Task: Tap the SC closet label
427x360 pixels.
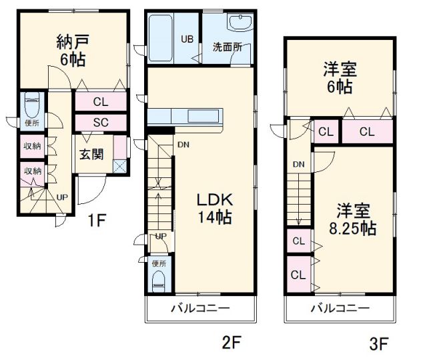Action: click(101, 123)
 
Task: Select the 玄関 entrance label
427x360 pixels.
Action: click(91, 155)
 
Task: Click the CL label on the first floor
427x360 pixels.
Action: click(101, 102)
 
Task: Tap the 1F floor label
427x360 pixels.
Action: click(97, 221)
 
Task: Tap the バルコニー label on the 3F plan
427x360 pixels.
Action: click(340, 309)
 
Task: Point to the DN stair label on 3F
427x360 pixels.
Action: click(298, 164)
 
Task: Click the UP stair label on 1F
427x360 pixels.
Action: click(61, 197)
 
